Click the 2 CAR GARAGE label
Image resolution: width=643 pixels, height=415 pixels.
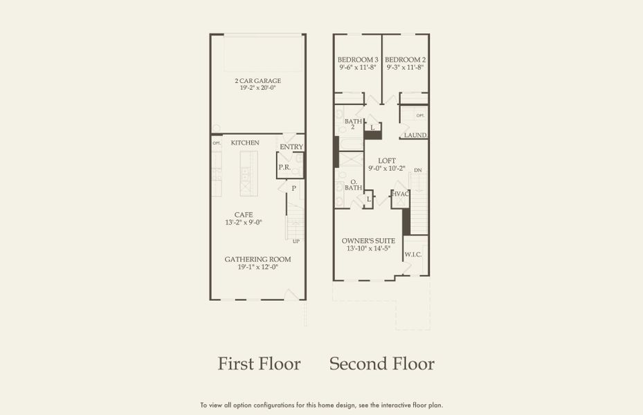coord(257,81)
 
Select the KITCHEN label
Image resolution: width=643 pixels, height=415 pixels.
coord(245,142)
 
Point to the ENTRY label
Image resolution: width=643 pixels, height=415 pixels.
coord(291,147)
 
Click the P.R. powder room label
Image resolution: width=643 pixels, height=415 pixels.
coord(284,167)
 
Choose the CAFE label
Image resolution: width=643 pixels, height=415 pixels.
coord(243,214)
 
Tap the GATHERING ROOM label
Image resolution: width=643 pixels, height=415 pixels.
coord(257,259)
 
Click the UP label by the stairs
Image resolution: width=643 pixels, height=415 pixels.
coord(296,241)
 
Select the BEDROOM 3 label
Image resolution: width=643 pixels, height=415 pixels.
coord(357,59)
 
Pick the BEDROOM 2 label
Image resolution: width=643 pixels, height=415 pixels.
coord(404,59)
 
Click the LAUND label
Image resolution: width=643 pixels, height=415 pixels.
coord(415,135)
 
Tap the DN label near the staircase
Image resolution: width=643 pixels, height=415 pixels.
coord(417,170)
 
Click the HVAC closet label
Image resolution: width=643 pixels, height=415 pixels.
coord(401,194)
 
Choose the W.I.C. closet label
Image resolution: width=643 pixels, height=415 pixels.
coord(413,255)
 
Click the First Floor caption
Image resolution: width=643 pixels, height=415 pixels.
coord(259,364)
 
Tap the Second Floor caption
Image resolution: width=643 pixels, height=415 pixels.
coord(381,364)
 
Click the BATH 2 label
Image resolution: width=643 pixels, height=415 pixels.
coord(353,124)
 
